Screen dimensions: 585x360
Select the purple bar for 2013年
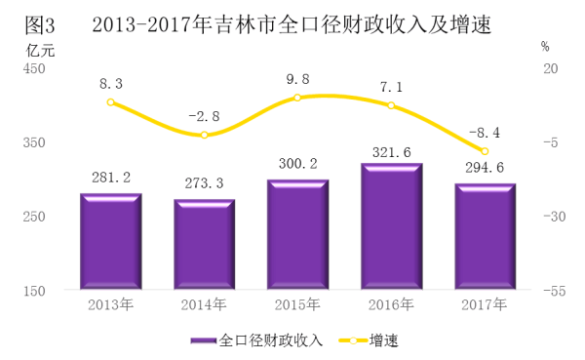pos(111,241)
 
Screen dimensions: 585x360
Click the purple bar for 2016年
pos(391,226)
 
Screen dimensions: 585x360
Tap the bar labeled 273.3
pos(205,244)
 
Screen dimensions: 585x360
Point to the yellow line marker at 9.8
pos(297,98)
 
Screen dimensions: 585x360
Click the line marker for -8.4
pos(485,151)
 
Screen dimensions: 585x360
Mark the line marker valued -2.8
pos(204,135)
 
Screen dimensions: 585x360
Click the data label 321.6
pos(391,152)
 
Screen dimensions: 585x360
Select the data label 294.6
pos(485,168)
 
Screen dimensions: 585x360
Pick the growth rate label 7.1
pos(391,88)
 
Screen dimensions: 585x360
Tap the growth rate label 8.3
pos(111,84)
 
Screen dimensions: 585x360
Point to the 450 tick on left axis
pos(34,68)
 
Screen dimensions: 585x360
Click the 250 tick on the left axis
pos(34,217)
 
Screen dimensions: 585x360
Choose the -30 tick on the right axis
pos(555,217)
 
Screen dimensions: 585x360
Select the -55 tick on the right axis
pos(555,291)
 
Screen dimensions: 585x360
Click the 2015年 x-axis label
pos(297,304)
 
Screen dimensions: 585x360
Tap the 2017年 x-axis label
pos(484,304)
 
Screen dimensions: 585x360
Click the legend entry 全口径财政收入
pos(256,340)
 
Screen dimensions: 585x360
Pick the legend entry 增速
pos(369,340)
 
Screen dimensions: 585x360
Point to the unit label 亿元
pos(40,51)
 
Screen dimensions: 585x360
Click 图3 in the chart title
pos(40,25)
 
